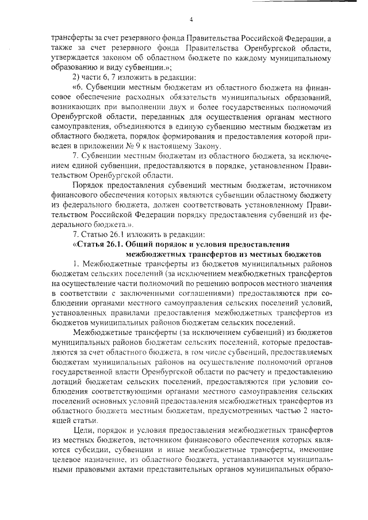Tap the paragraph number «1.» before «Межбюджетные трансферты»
76,264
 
